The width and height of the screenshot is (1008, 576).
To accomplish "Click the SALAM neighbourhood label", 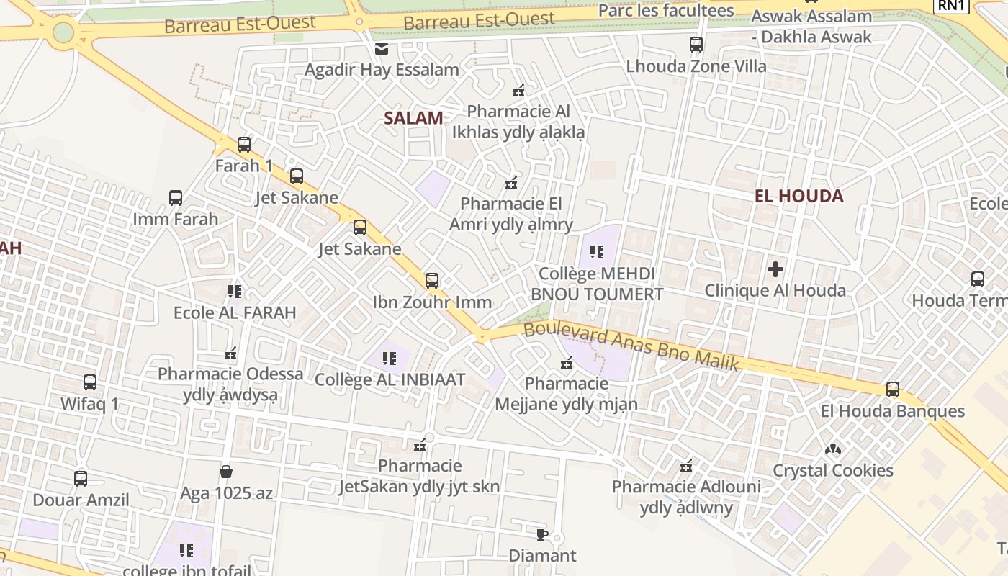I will click(413, 118).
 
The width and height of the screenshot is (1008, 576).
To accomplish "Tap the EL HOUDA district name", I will click(798, 196).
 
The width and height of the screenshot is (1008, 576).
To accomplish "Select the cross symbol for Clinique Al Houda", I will click(775, 270).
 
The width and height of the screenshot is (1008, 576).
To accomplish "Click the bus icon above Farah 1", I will click(244, 145).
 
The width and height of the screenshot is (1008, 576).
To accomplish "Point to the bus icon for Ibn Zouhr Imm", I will click(432, 281).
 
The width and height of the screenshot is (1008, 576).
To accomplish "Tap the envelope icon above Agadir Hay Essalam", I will click(381, 49).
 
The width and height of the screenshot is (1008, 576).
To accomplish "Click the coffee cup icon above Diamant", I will click(542, 534).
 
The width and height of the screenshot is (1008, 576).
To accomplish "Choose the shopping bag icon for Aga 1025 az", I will click(226, 472).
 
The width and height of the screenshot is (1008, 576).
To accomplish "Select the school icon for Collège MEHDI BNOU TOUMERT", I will click(596, 252).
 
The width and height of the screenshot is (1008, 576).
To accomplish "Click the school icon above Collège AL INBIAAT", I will click(390, 358).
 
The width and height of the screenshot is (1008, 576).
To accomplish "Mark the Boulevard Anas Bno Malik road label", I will click(631, 346).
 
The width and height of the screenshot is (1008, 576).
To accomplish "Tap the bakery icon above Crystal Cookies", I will click(833, 449).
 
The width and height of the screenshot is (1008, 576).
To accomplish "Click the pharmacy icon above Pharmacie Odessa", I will click(230, 354).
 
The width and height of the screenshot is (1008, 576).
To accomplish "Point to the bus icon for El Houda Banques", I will click(893, 390).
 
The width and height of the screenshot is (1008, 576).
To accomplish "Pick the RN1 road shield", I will click(950, 6).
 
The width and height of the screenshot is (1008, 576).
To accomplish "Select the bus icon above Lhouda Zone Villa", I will click(696, 45).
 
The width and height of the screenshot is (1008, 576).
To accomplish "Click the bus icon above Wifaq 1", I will click(90, 382).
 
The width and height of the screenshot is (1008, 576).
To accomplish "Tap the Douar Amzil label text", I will click(81, 500).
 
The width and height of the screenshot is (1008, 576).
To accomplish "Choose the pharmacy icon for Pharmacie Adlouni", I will click(686, 466).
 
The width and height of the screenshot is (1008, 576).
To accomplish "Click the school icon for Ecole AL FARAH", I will click(235, 292).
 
